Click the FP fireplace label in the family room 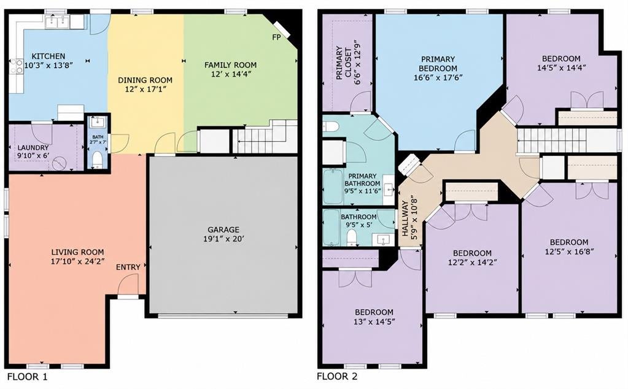coord(276,37)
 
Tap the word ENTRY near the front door coord(128,267)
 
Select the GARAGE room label coord(223,229)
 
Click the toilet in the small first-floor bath coord(97,160)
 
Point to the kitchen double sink coord(58,22)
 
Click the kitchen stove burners coord(17,66)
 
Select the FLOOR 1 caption coord(28,377)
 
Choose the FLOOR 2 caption coord(337,377)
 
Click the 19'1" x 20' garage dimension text coord(223,239)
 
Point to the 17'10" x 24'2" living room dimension coord(78,262)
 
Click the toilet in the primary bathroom coord(331,127)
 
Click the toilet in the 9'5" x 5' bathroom coord(352,237)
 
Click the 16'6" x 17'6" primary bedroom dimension coord(438,78)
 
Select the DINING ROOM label coord(145,80)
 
